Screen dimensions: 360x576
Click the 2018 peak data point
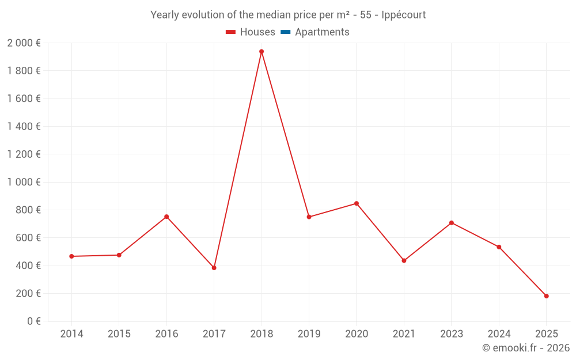pos(262,51)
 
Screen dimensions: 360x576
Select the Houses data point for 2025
pos(546,296)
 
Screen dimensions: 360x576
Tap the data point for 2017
pos(214,268)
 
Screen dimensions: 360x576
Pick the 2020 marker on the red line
pos(357,203)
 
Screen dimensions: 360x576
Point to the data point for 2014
pos(71,256)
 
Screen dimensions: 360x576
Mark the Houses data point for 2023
pos(451,223)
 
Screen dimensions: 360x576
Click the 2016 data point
pos(166,217)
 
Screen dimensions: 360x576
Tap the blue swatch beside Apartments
pos(285,32)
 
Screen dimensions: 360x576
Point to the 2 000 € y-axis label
pos(24,43)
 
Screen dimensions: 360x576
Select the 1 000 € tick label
pos(24,183)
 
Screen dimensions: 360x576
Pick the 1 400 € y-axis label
pos(24,127)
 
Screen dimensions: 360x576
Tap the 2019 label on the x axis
pos(309,334)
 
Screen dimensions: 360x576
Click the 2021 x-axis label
pos(404,334)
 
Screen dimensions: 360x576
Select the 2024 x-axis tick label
pos(499,334)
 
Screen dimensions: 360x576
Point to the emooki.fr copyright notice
pos(526,348)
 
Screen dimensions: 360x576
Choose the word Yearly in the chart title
pos(166,15)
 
